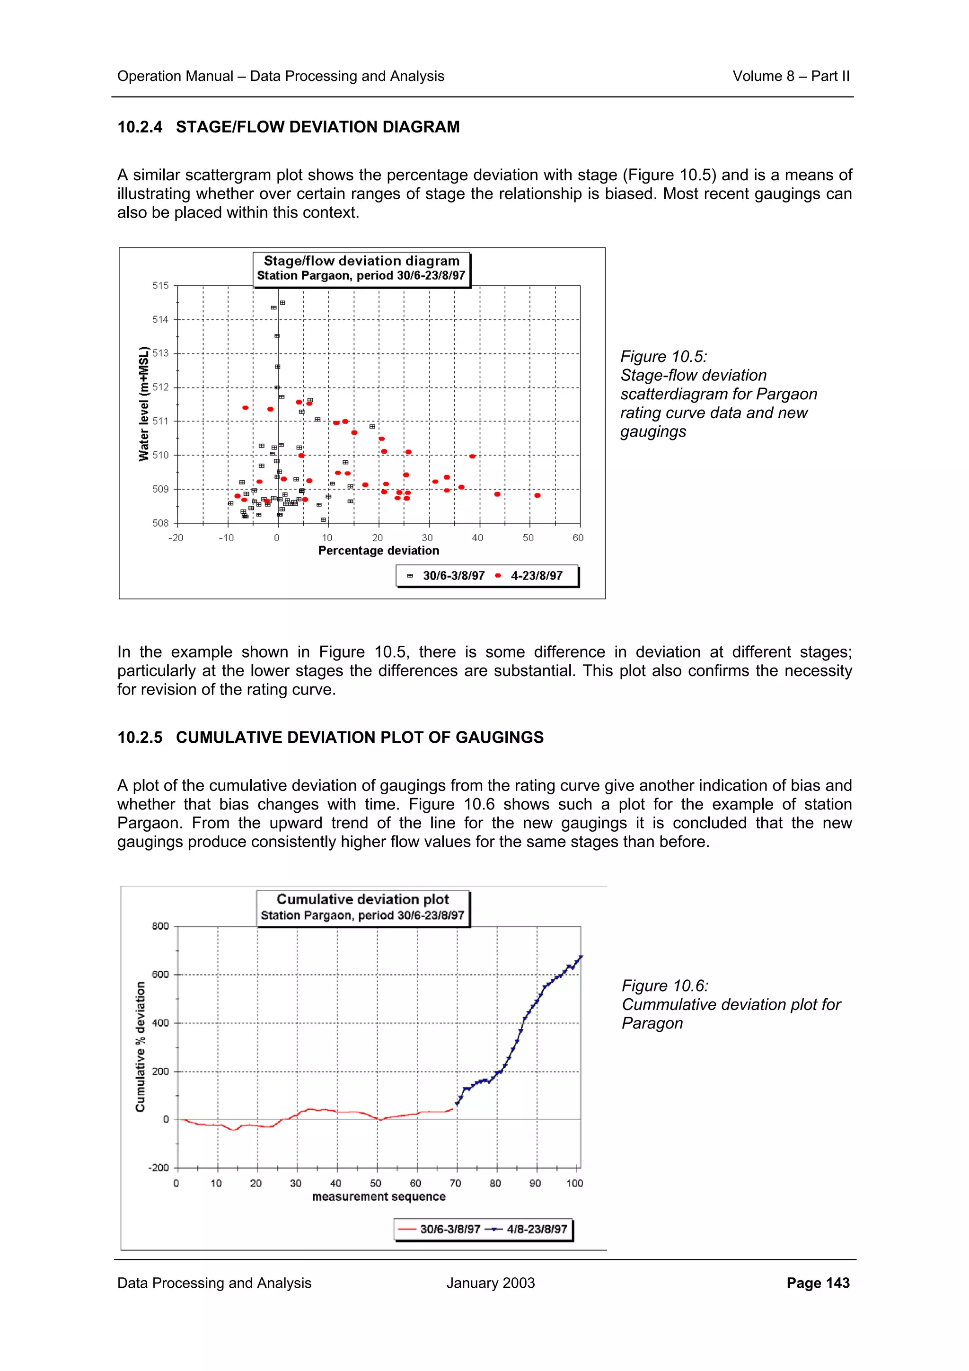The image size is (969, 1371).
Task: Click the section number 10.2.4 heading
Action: pos(140,127)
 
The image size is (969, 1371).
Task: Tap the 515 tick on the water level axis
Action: pos(160,285)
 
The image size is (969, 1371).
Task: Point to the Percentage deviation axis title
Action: pos(379,551)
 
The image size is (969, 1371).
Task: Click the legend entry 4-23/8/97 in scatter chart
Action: pos(536,576)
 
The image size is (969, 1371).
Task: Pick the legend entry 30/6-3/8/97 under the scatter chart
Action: pos(453,576)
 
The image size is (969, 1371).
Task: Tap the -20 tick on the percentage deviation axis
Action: pos(176,538)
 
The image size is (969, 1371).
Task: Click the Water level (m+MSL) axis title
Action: pos(143,404)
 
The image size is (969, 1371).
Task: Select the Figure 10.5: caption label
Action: pos(663,357)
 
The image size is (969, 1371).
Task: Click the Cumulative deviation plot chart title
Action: pos(362,899)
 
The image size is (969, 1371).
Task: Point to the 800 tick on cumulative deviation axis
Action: pos(160,926)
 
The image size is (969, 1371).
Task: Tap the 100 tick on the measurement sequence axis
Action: pos(574,1183)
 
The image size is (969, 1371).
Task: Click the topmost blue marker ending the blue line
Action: pos(581,957)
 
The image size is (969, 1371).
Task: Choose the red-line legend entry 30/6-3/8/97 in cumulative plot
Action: pos(449,1229)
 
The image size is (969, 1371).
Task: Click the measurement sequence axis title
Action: pos(379,1196)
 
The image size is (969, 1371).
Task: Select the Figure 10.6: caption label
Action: pos(664,985)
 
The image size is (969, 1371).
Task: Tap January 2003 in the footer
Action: pos(490,1283)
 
